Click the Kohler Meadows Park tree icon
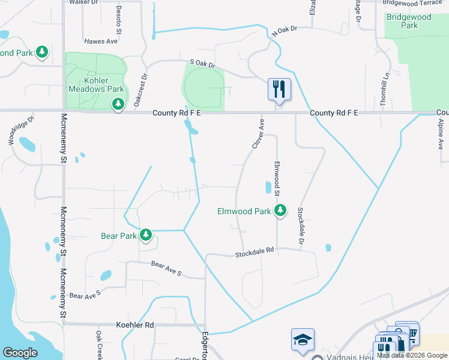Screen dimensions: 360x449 pos(118,105)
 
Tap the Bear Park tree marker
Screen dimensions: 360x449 pos(146,235)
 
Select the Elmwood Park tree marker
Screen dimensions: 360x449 pos(280,211)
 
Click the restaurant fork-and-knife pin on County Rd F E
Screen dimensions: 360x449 pos(279,89)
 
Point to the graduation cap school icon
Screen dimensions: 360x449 pos(302,340)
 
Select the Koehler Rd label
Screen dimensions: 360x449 pos(134,325)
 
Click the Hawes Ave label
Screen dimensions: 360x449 pos(101,41)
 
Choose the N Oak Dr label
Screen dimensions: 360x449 pos(285,32)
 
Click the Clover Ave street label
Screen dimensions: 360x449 pos(258,133)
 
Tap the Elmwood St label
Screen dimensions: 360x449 pos(277,178)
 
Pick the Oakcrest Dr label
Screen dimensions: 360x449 pos(140,90)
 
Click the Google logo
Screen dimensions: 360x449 pos(20,352)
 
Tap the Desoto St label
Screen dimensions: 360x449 pos(118,19)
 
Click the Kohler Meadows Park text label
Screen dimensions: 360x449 pos(95,85)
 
